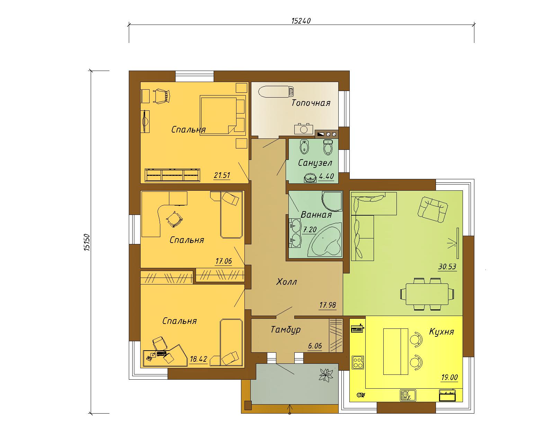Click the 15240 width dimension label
point(301,21)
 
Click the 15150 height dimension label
point(87,242)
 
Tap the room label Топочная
point(311,103)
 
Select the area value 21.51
point(222,175)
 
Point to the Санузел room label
point(315,163)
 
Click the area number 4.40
point(327,176)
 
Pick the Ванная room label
point(316,215)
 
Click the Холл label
point(287,282)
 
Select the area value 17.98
point(328,305)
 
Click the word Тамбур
point(286,330)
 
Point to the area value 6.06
point(315,346)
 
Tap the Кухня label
point(441,332)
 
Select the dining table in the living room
point(427,294)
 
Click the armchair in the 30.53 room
point(432,209)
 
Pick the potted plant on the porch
point(327,374)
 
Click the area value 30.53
point(447,267)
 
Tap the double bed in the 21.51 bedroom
point(222,115)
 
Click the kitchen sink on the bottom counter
point(408,395)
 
